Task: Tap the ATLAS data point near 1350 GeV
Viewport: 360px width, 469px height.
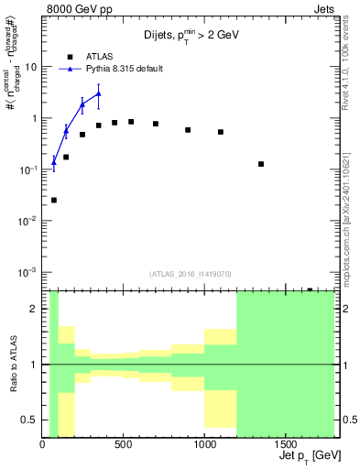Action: pyautogui.click(x=261, y=164)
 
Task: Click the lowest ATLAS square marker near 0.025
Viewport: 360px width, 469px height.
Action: pyautogui.click(x=54, y=200)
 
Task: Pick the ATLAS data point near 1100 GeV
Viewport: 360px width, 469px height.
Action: pyautogui.click(x=221, y=132)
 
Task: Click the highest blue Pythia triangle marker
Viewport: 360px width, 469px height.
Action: pyautogui.click(x=99, y=93)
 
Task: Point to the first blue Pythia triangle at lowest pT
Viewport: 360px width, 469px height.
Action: pyautogui.click(x=54, y=162)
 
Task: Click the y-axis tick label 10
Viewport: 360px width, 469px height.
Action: pyautogui.click(x=30, y=67)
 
